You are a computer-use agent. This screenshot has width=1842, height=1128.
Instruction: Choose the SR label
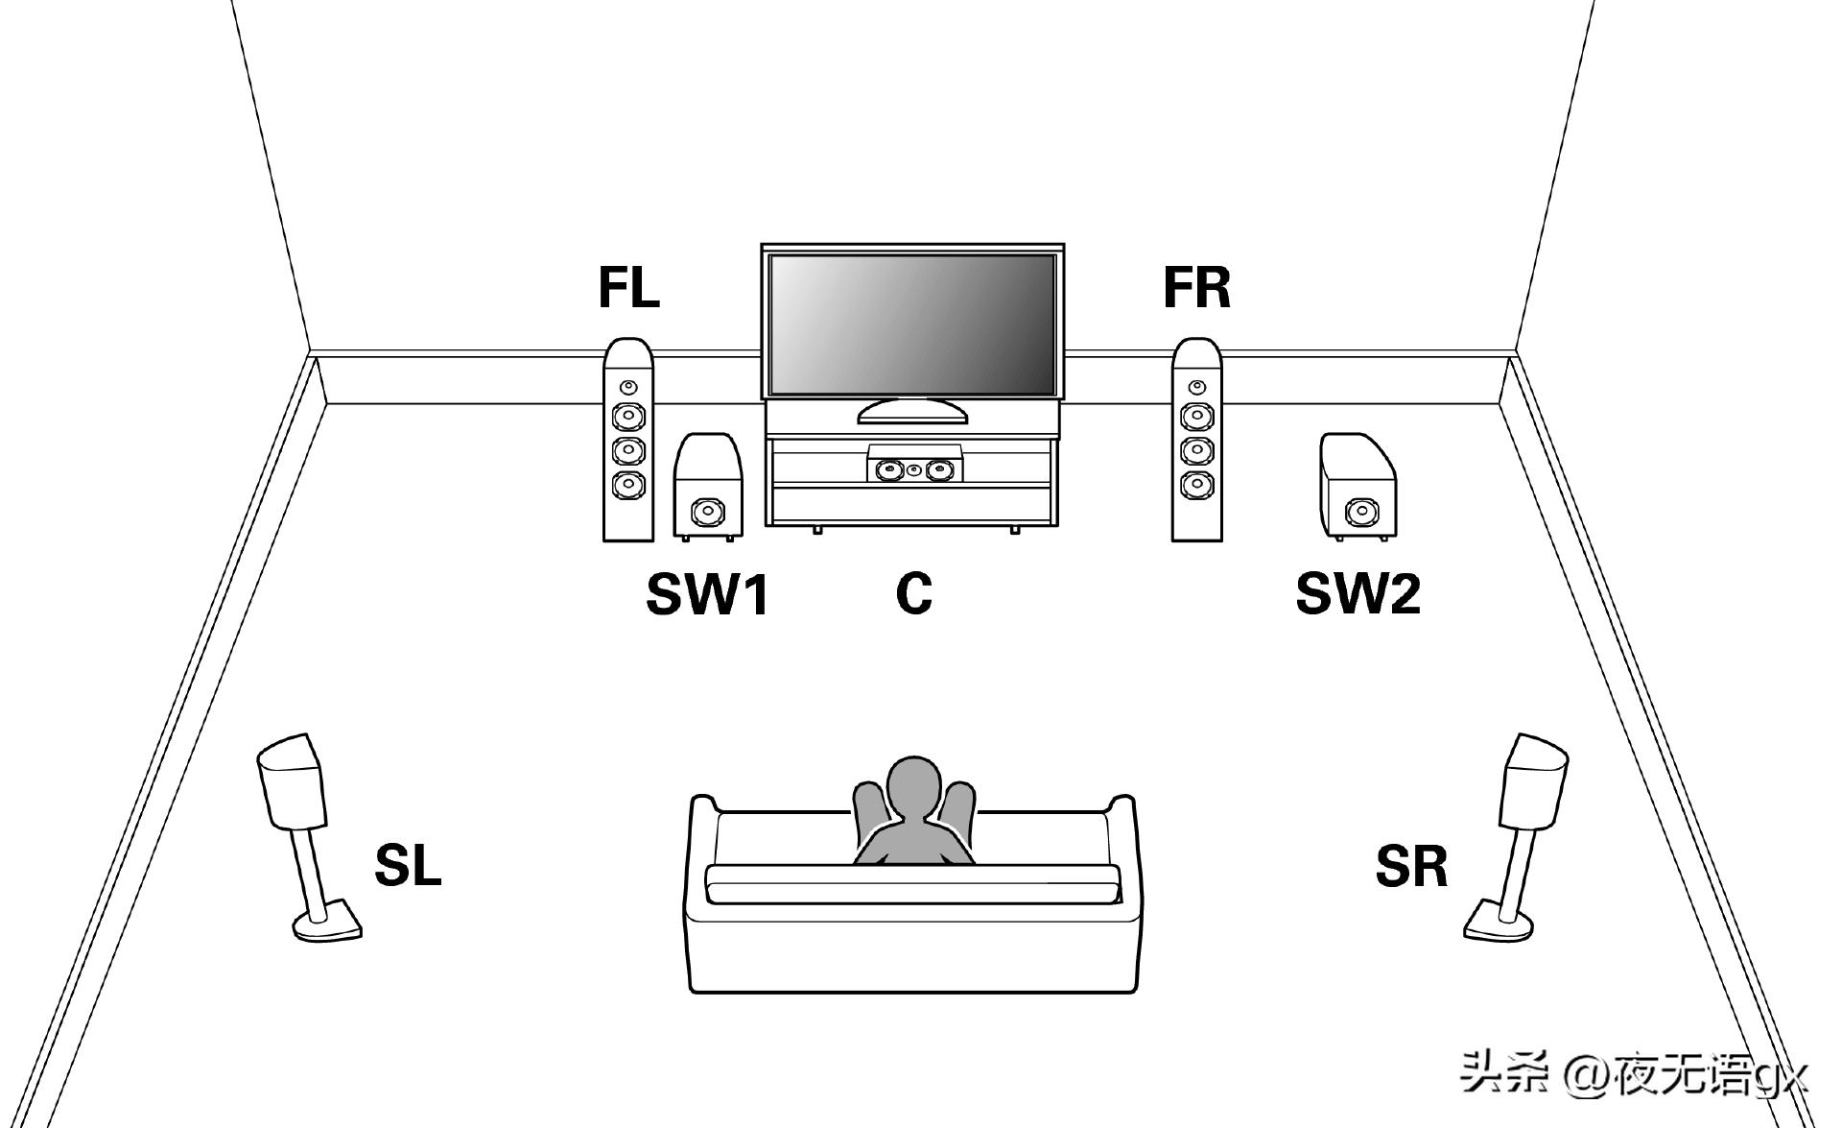click(1411, 865)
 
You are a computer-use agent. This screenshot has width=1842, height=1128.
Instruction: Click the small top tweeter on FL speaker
click(627, 387)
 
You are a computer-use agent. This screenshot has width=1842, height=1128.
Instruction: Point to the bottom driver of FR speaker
click(1196, 483)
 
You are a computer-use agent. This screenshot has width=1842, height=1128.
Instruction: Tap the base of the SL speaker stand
click(327, 924)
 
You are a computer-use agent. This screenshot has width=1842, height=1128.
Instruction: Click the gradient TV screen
click(912, 324)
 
